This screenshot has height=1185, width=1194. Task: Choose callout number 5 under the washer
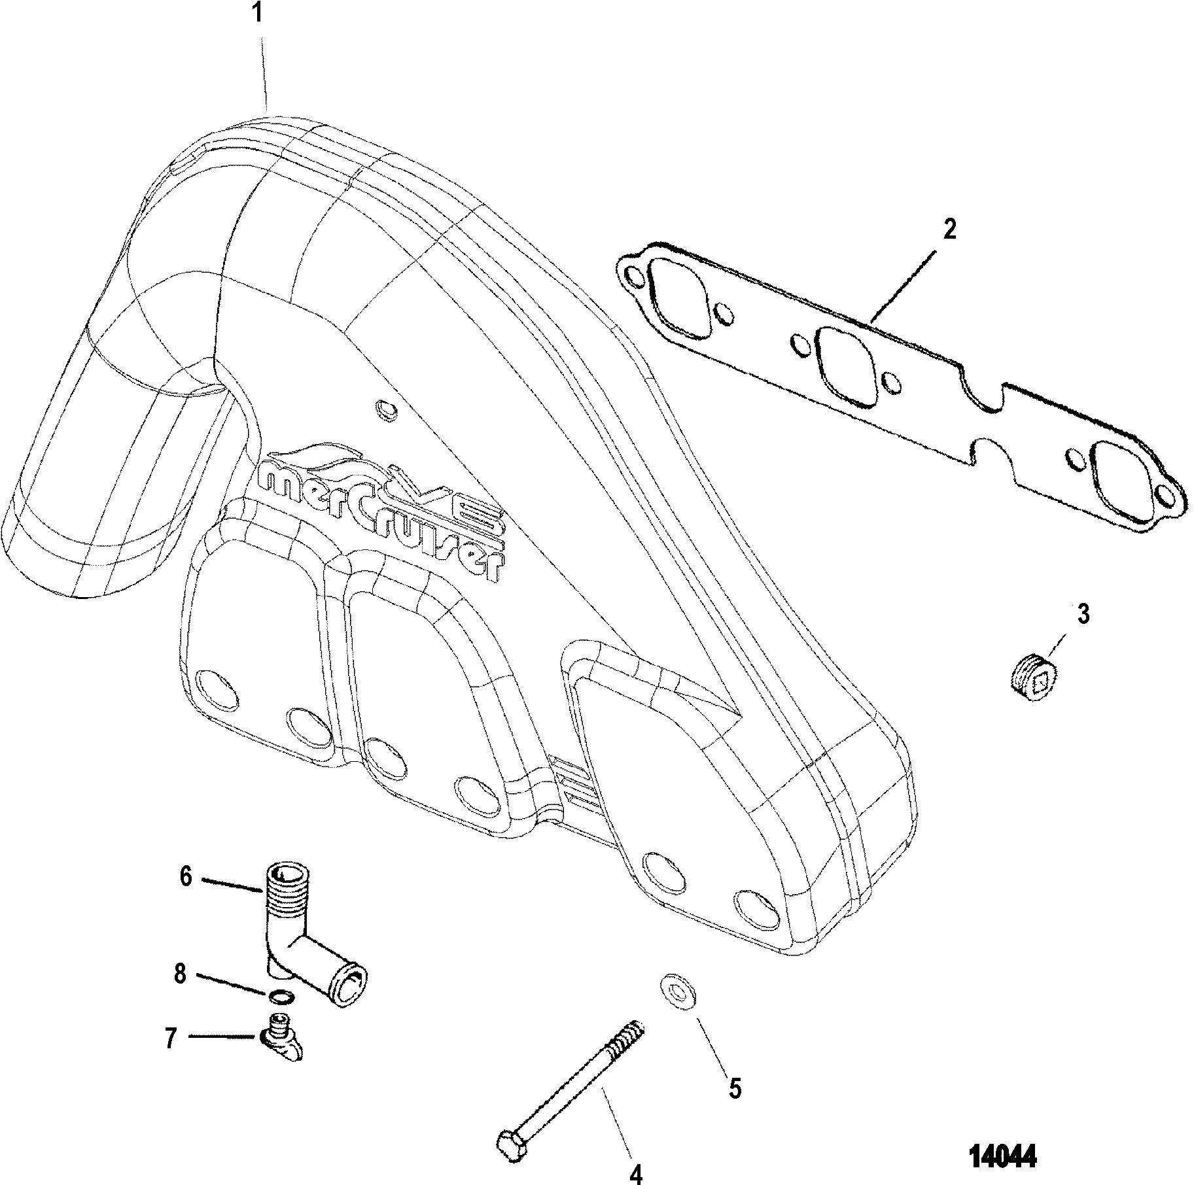pos(735,1089)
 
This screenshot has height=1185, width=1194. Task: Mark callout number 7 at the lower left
pos(171,1039)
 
